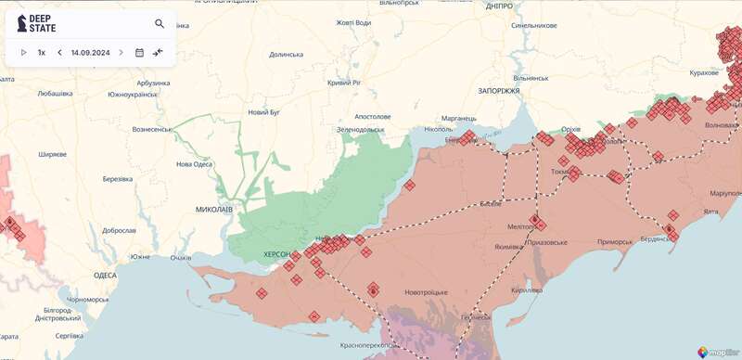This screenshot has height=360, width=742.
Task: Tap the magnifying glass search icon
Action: tap(160, 23)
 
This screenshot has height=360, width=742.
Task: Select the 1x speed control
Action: tap(42, 52)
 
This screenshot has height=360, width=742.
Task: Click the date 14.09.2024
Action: tap(90, 52)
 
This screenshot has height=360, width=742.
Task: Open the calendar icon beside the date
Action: tap(139, 52)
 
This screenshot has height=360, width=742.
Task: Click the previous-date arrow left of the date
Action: tap(59, 52)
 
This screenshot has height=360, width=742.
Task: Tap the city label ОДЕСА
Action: tap(105, 275)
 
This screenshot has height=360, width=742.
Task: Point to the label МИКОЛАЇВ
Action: tap(214, 210)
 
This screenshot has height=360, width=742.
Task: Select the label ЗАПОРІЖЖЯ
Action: tap(499, 92)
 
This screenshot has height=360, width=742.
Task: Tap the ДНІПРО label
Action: tap(499, 6)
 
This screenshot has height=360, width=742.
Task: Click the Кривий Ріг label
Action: tap(344, 83)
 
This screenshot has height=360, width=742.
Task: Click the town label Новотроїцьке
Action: tap(427, 292)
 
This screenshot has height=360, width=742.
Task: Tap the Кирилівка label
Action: tap(526, 289)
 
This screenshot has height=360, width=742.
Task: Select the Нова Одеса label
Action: tap(194, 164)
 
